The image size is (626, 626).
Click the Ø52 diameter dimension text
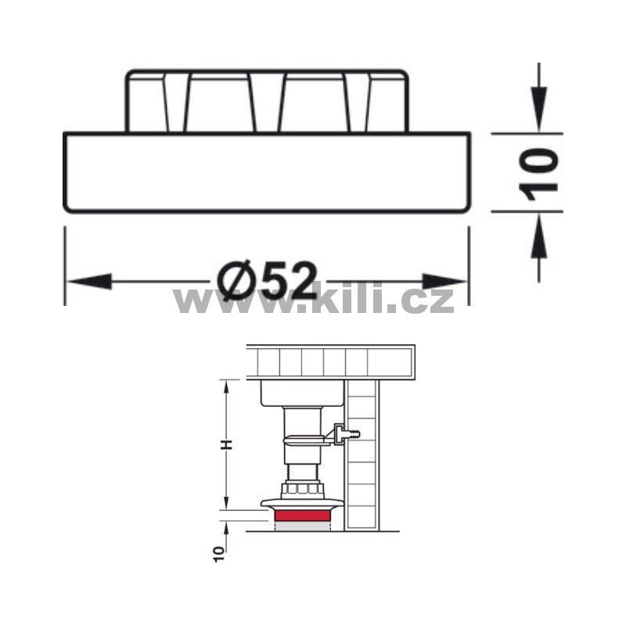pyautogui.click(x=267, y=281)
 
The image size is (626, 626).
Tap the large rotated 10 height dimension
pyautogui.click(x=538, y=174)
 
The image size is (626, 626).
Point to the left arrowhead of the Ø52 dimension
pyautogui.click(x=89, y=282)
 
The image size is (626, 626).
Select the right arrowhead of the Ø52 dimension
pyautogui.click(x=444, y=282)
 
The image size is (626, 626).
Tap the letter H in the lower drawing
pyautogui.click(x=227, y=444)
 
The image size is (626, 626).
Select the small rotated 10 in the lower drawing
pyautogui.click(x=219, y=554)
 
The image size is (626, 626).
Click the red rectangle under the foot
pyautogui.click(x=302, y=516)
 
